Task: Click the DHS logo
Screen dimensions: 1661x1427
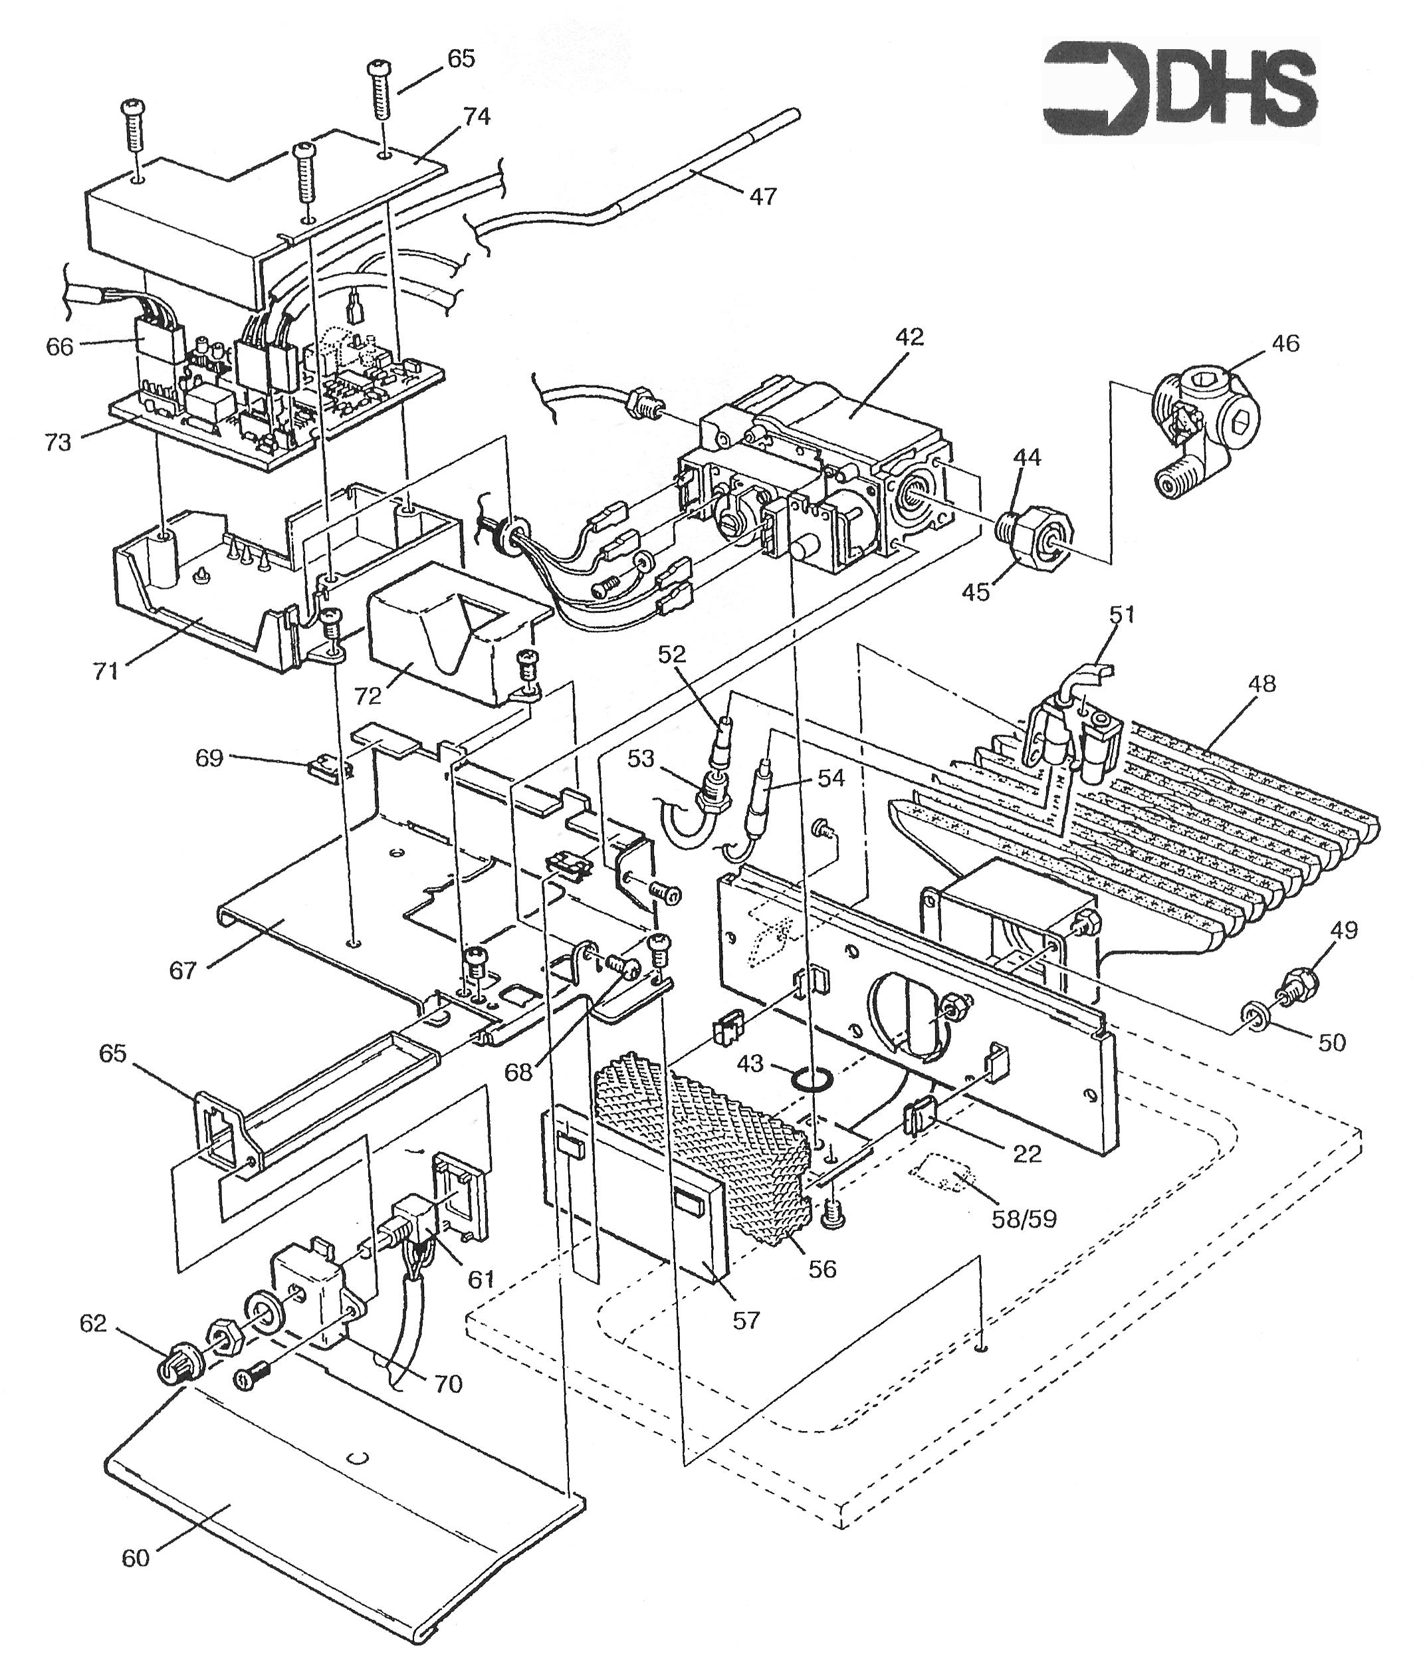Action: [x=1179, y=90]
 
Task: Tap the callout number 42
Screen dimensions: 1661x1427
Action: [x=910, y=337]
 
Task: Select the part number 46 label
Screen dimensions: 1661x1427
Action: [x=1285, y=343]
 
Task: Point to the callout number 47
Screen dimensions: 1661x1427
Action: [x=762, y=195]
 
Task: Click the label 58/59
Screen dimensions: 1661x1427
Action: [x=1024, y=1219]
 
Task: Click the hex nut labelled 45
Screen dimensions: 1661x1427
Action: [x=1040, y=533]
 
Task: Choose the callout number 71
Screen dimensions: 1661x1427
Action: [x=106, y=670]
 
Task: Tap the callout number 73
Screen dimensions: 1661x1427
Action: [x=58, y=442]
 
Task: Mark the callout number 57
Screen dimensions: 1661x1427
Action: [x=746, y=1319]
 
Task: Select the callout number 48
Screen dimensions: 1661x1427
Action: [x=1262, y=684]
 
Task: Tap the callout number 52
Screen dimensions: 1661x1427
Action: [x=673, y=654]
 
